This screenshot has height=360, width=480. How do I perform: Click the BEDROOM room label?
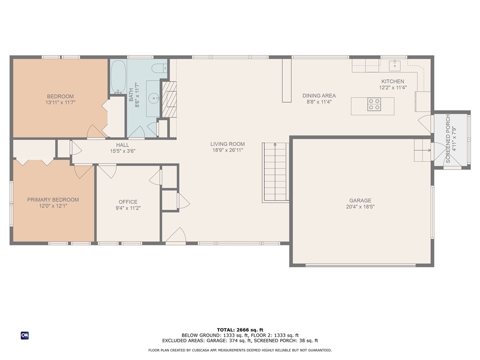click(x=60, y=97)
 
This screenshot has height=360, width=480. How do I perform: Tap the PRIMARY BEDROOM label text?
click(x=53, y=200)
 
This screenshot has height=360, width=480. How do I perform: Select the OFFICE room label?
click(x=128, y=202)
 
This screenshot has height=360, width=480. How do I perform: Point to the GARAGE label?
click(x=360, y=200)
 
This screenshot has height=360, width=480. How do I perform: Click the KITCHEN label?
click(x=392, y=82)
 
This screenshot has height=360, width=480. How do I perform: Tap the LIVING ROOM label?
click(x=227, y=144)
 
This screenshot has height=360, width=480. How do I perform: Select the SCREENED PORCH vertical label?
click(x=448, y=139)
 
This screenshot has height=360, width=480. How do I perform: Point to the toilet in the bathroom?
click(x=159, y=68)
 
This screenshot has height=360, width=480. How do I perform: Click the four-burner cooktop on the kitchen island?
click(x=374, y=104)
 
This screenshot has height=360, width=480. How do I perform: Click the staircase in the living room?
click(x=274, y=172)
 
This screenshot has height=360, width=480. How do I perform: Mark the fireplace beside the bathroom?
click(x=168, y=98)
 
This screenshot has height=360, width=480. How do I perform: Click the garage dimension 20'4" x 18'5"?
click(x=360, y=207)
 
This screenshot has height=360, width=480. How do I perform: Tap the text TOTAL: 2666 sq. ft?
click(x=240, y=330)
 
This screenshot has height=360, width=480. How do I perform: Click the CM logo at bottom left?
click(x=24, y=335)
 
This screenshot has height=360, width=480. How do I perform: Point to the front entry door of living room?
click(x=176, y=236)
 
